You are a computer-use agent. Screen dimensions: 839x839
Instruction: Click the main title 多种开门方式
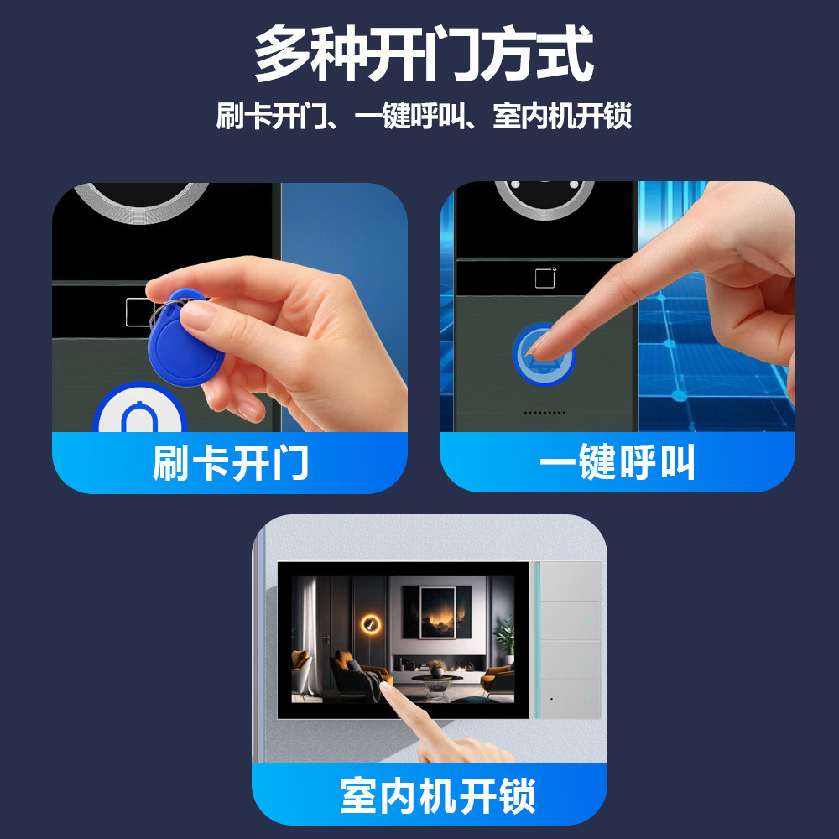coord(424,54)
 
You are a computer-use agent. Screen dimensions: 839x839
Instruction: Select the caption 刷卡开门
coord(231,463)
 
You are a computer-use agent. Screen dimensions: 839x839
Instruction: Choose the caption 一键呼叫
coord(617,461)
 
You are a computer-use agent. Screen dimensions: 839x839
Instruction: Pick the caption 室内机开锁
coord(438,795)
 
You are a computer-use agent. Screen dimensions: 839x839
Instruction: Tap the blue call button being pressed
coord(544,354)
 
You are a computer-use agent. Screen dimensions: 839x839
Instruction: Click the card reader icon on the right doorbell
coord(545,278)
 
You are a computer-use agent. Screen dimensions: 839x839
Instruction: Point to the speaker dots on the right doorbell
coord(545,413)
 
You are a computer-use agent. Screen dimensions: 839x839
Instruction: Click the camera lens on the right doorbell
coord(545,199)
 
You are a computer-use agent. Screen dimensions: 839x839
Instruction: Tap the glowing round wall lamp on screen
coord(370,624)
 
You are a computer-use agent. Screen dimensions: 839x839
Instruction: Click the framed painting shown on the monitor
coord(437,612)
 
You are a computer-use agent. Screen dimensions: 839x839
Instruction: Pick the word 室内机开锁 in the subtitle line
coord(562,116)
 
